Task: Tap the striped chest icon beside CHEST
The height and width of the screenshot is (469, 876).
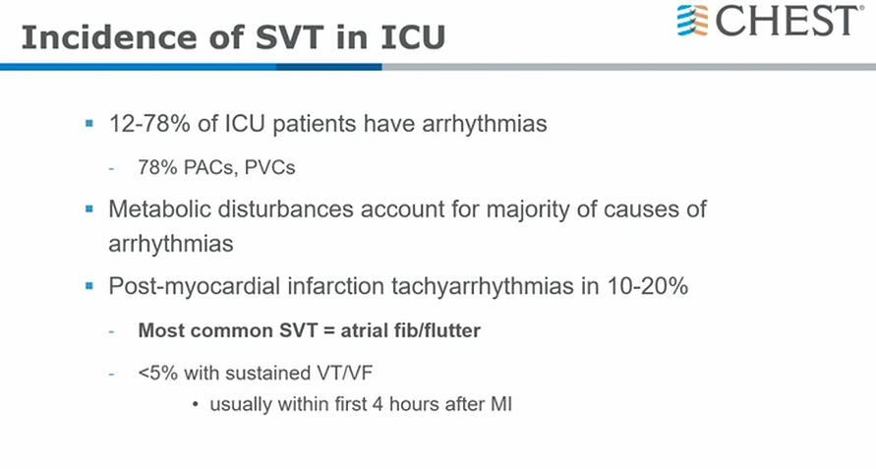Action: pyautogui.click(x=693, y=21)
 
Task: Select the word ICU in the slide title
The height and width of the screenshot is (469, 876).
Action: pyautogui.click(x=413, y=37)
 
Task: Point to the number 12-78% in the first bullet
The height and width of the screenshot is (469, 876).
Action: pyautogui.click(x=149, y=124)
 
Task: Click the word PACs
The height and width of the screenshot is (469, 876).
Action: pyautogui.click(x=209, y=167)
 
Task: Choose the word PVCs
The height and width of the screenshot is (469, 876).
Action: pyautogui.click(x=269, y=167)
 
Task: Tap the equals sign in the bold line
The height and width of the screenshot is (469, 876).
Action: pyautogui.click(x=328, y=331)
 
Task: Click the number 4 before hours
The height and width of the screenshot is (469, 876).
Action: pyautogui.click(x=378, y=403)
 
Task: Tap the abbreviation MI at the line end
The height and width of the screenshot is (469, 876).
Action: pyautogui.click(x=501, y=403)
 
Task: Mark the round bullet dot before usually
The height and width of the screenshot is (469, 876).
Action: pyautogui.click(x=195, y=404)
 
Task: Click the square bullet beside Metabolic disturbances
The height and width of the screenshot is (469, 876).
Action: pyautogui.click(x=89, y=209)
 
